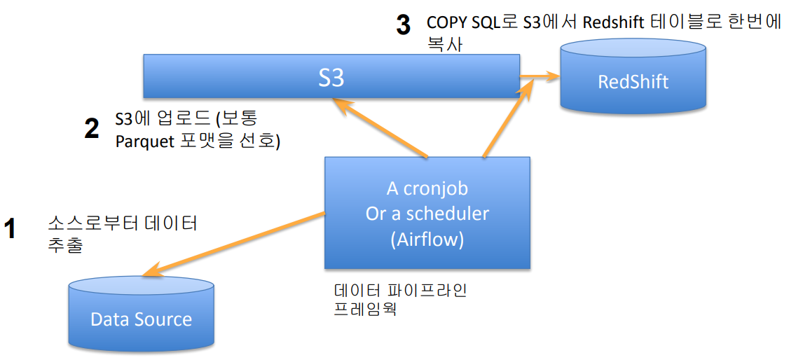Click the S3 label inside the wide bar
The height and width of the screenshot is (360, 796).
[x=331, y=77]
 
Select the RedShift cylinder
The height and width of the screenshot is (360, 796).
[x=633, y=81]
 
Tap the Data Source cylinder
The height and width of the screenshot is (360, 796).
[x=141, y=319]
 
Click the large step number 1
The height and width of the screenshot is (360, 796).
[x=10, y=229]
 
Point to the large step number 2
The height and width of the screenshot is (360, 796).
[x=91, y=129]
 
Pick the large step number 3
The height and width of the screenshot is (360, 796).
[x=403, y=25]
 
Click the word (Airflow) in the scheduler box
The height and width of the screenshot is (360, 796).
[x=427, y=240]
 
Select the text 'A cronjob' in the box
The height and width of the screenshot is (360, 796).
[x=427, y=188]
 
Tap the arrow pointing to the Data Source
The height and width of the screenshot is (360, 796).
[x=231, y=242]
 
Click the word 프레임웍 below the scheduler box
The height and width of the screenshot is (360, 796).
[x=365, y=308]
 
